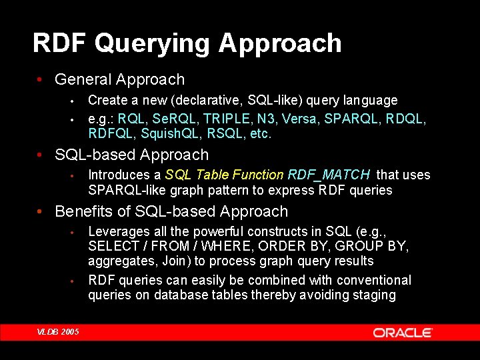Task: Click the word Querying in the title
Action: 152,44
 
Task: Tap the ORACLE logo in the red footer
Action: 403,333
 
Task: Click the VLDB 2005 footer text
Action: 58,332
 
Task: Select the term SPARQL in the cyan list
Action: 351,119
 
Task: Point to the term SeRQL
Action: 173,119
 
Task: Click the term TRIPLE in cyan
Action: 227,119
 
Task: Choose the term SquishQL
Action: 169,133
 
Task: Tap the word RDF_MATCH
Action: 329,175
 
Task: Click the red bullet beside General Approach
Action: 39,79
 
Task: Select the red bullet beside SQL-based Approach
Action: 39,155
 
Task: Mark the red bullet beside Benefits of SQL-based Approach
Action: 39,211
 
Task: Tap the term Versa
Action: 299,119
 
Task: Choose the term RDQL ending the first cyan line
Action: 404,119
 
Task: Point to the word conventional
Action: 373,280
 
